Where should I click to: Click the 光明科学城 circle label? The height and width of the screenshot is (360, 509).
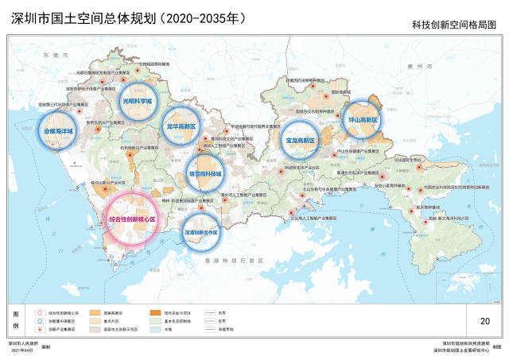pyautogui.click(x=136, y=102)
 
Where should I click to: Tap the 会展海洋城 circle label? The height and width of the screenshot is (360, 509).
pyautogui.click(x=58, y=130)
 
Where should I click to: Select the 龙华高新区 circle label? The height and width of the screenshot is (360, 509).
pyautogui.click(x=181, y=126)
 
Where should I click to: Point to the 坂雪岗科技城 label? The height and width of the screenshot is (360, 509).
pyautogui.click(x=207, y=172)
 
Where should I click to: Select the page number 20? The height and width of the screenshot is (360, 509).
pyautogui.click(x=484, y=321)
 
